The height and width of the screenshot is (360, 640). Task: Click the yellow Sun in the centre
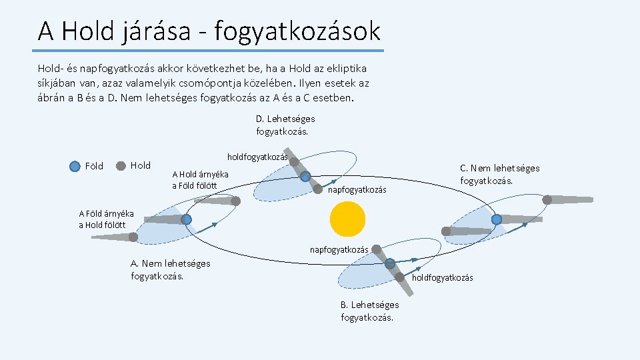pyautogui.click(x=347, y=219)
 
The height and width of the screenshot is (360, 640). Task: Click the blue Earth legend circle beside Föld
pyautogui.click(x=75, y=166)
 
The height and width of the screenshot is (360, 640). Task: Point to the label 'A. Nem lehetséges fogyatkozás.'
pyautogui.click(x=171, y=269)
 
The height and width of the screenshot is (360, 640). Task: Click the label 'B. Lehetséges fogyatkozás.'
pyautogui.click(x=369, y=311)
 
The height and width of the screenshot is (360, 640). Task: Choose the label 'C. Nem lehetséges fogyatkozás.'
pyautogui.click(x=499, y=174)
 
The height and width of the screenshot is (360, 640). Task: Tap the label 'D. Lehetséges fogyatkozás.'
pyautogui.click(x=285, y=125)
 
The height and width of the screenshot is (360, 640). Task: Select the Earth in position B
pyautogui.click(x=390, y=264)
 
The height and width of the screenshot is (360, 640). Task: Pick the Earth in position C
pyautogui.click(x=497, y=219)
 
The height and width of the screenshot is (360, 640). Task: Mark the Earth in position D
pyautogui.click(x=305, y=177)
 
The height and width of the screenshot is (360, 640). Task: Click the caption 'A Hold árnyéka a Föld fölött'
pyautogui.click(x=200, y=179)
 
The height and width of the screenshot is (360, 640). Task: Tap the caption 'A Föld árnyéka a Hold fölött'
pyautogui.click(x=106, y=219)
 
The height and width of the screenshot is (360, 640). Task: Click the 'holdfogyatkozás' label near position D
pyautogui.click(x=257, y=157)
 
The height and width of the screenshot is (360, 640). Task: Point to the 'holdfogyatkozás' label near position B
pyautogui.click(x=443, y=277)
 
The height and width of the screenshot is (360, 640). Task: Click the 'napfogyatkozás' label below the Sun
pyautogui.click(x=339, y=249)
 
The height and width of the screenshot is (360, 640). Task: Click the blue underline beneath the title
pyautogui.click(x=209, y=51)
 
